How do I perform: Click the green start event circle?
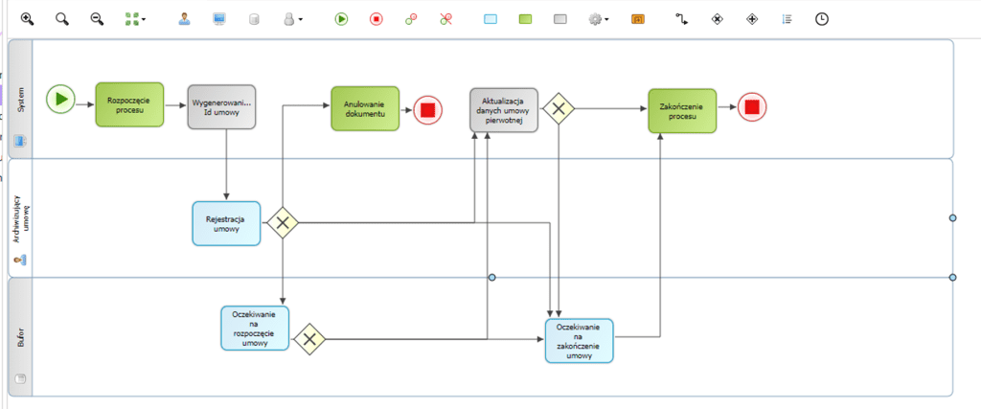tap(60, 98)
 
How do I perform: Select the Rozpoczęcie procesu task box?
tap(129, 104)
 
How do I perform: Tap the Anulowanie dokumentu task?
tap(364, 108)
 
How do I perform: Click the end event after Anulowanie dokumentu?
tap(427, 109)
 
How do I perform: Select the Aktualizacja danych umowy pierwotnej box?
tap(503, 110)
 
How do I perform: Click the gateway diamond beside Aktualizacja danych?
tap(558, 109)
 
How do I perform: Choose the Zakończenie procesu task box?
tap(682, 111)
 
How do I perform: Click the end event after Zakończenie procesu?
tap(751, 107)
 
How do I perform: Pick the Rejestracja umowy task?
tap(226, 223)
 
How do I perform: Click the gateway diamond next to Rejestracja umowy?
tap(283, 223)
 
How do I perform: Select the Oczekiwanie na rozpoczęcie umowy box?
tap(255, 329)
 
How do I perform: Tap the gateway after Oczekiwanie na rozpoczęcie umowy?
tap(309, 338)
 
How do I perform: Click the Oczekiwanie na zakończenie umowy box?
tap(579, 341)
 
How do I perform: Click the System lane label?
tap(21, 100)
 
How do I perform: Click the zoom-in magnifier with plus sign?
tap(27, 18)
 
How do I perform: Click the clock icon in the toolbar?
tap(821, 18)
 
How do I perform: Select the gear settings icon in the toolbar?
tap(596, 18)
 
